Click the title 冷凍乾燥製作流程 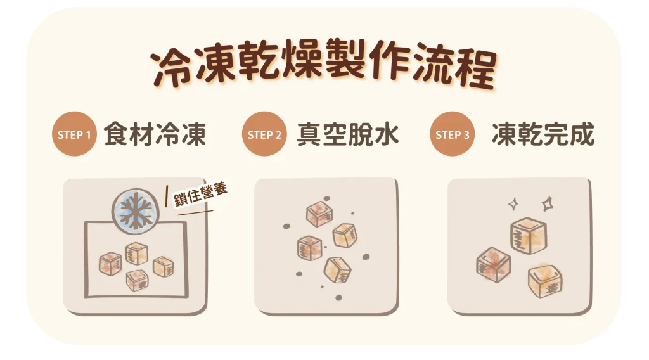point(323,68)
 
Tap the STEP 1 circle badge point(74,134)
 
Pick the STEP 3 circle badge point(453,134)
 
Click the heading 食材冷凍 point(155,134)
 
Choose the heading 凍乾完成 point(543,134)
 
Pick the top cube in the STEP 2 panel point(319,214)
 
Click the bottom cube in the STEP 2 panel point(337,270)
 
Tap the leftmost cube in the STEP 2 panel point(309,247)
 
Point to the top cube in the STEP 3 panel point(528,235)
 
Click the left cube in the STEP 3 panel point(494,265)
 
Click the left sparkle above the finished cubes point(514,204)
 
